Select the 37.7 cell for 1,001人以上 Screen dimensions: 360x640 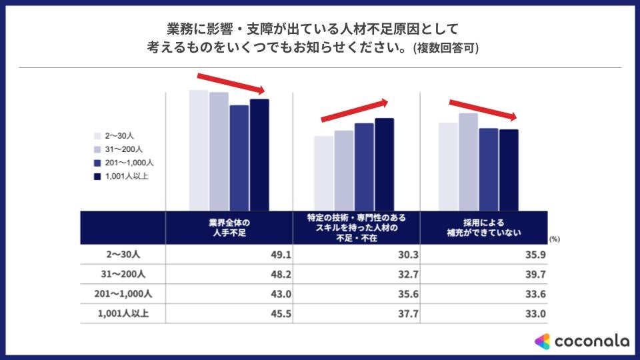tap(404, 314)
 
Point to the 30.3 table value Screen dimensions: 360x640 tap(404, 254)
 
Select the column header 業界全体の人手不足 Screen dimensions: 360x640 tap(229, 227)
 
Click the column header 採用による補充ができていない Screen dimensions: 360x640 tap(483, 227)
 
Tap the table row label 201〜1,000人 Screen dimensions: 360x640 tap(123, 294)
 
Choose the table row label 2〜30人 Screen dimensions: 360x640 tap(123, 254)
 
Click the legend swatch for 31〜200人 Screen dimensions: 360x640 tap(97, 149)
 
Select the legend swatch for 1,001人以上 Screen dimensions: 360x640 tap(97, 176)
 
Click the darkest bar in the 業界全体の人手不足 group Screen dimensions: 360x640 tap(259, 154)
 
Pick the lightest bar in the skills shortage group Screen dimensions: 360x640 tap(323, 173)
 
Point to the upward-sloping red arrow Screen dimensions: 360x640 tap(354, 111)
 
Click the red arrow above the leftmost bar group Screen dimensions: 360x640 tap(231, 83)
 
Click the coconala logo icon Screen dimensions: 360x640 tap(543, 341)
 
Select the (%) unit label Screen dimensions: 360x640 tap(555, 238)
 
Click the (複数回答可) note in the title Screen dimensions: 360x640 tap(445, 49)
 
